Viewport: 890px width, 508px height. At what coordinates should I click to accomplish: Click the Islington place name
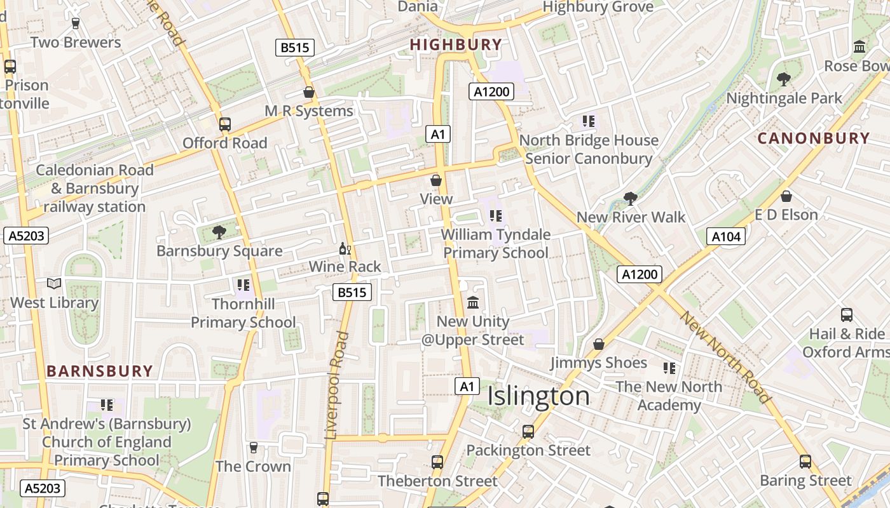(x=538, y=396)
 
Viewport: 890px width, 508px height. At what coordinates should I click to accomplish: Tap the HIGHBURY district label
(x=456, y=44)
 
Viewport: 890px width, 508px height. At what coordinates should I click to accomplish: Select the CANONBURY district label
(x=814, y=138)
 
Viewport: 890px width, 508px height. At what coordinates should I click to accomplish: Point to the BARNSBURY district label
(x=100, y=371)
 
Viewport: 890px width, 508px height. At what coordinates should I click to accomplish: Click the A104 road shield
(x=726, y=237)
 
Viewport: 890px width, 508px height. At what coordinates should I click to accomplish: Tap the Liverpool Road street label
(x=337, y=385)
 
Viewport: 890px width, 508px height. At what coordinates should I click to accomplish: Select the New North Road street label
(x=725, y=357)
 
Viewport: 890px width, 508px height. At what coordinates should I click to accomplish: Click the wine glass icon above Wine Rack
(x=345, y=248)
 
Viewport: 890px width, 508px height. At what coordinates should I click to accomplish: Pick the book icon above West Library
(x=55, y=284)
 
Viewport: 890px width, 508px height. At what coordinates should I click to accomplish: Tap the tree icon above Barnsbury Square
(x=219, y=232)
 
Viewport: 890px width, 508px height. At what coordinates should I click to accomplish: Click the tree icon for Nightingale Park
(x=784, y=79)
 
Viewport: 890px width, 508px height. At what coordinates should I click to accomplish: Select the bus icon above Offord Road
(x=225, y=124)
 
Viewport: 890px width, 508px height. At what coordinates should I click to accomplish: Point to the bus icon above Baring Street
(x=805, y=462)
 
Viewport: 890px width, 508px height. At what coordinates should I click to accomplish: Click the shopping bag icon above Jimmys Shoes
(x=598, y=344)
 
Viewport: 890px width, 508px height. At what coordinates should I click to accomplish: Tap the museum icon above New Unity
(x=473, y=303)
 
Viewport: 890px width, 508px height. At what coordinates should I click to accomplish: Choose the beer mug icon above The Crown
(x=254, y=448)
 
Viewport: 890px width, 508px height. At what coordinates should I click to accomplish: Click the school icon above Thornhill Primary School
(x=243, y=285)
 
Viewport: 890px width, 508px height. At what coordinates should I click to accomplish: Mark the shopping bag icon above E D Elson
(x=786, y=196)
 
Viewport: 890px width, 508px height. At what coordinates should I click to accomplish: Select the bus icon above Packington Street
(x=528, y=432)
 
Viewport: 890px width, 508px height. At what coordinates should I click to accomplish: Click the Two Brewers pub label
(x=76, y=43)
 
